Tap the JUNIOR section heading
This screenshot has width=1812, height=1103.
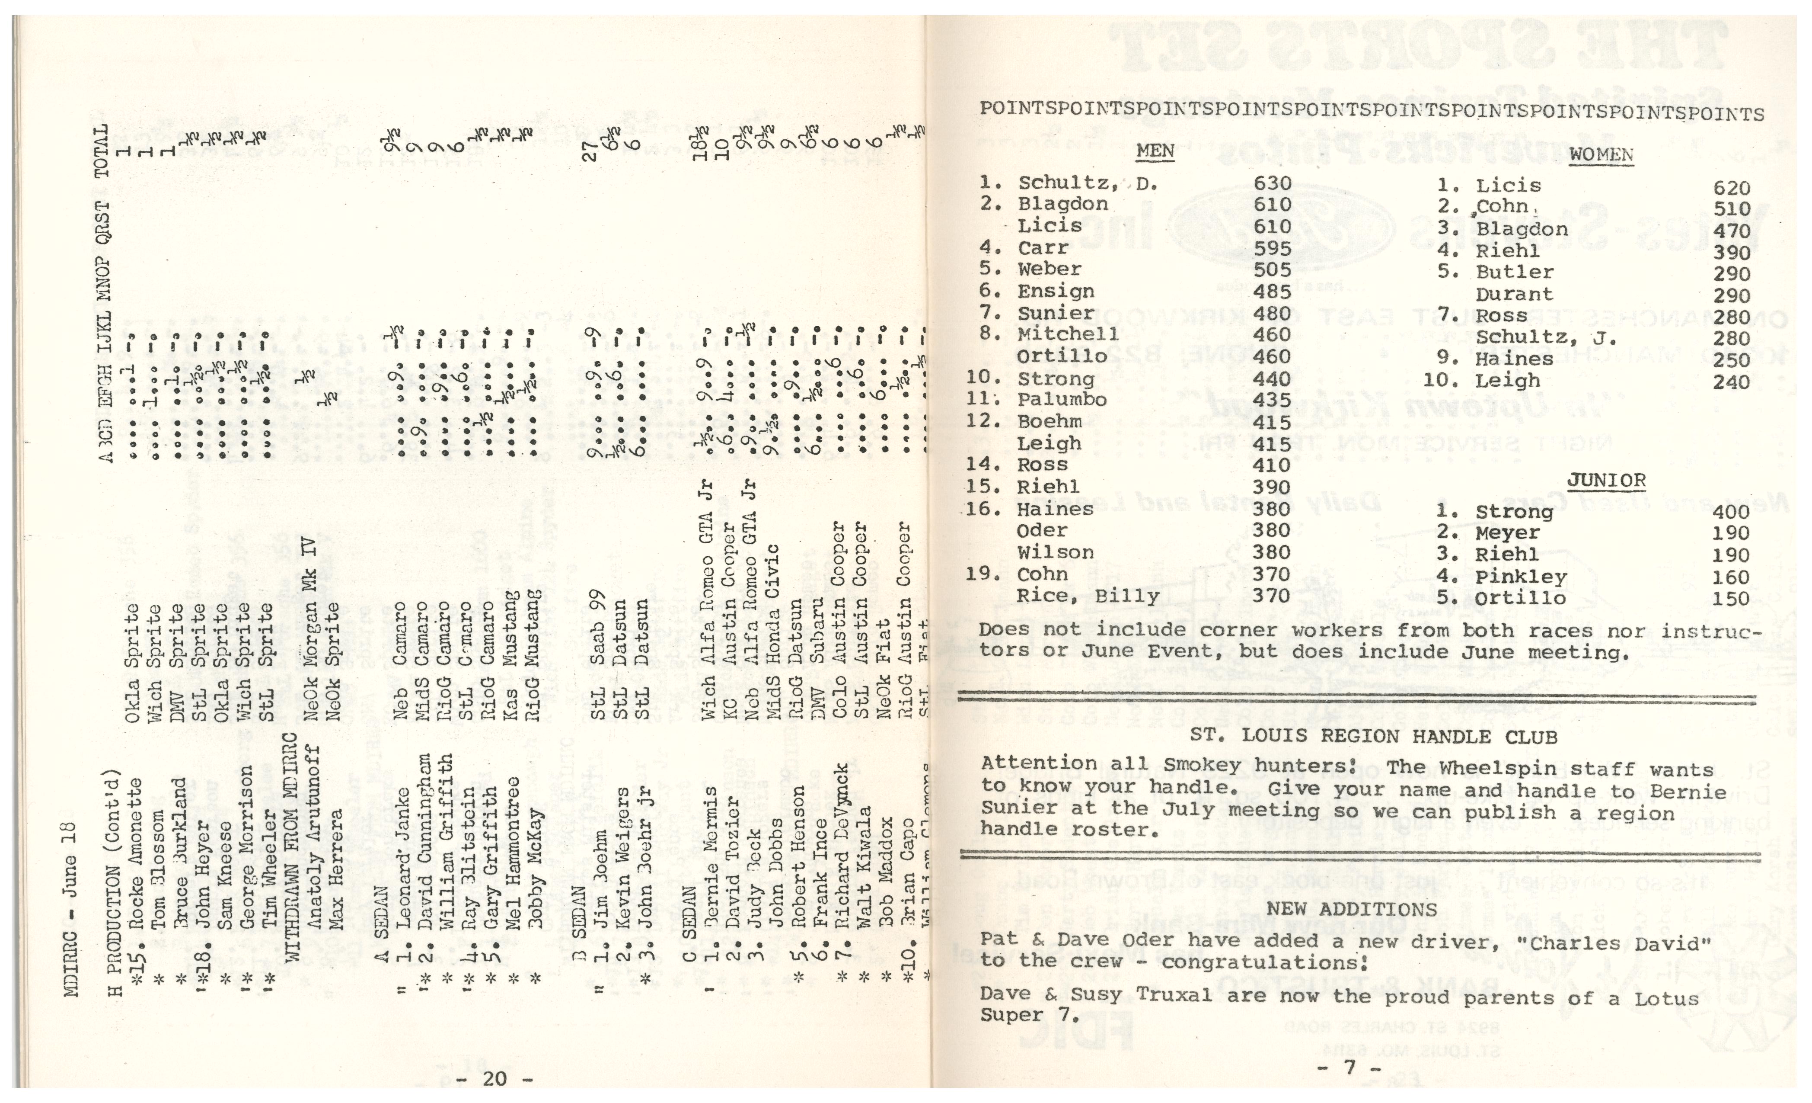pyautogui.click(x=1606, y=481)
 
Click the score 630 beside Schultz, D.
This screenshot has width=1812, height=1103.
pyautogui.click(x=1272, y=183)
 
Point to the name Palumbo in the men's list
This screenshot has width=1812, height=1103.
pyautogui.click(x=1062, y=400)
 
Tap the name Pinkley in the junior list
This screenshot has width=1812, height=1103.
pyautogui.click(x=1521, y=577)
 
